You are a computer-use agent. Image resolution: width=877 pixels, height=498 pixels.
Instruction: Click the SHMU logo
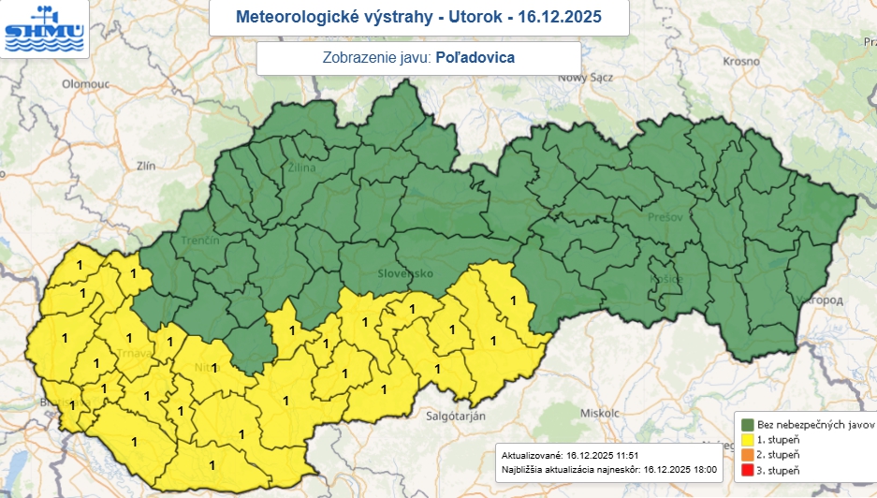tap(44, 28)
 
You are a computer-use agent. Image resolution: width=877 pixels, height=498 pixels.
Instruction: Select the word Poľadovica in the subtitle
tap(475, 57)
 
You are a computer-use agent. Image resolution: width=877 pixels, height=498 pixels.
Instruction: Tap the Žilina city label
tap(302, 169)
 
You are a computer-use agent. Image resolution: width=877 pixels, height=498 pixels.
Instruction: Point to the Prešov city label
tap(662, 217)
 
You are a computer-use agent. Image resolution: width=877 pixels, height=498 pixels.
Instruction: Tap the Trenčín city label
tap(200, 241)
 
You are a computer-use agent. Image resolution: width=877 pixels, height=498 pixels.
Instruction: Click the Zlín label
tap(145, 166)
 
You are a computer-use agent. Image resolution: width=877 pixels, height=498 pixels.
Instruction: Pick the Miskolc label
tap(600, 412)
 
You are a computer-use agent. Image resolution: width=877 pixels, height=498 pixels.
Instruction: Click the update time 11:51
tap(626, 453)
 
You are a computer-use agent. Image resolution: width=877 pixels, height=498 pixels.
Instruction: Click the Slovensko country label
tap(405, 273)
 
